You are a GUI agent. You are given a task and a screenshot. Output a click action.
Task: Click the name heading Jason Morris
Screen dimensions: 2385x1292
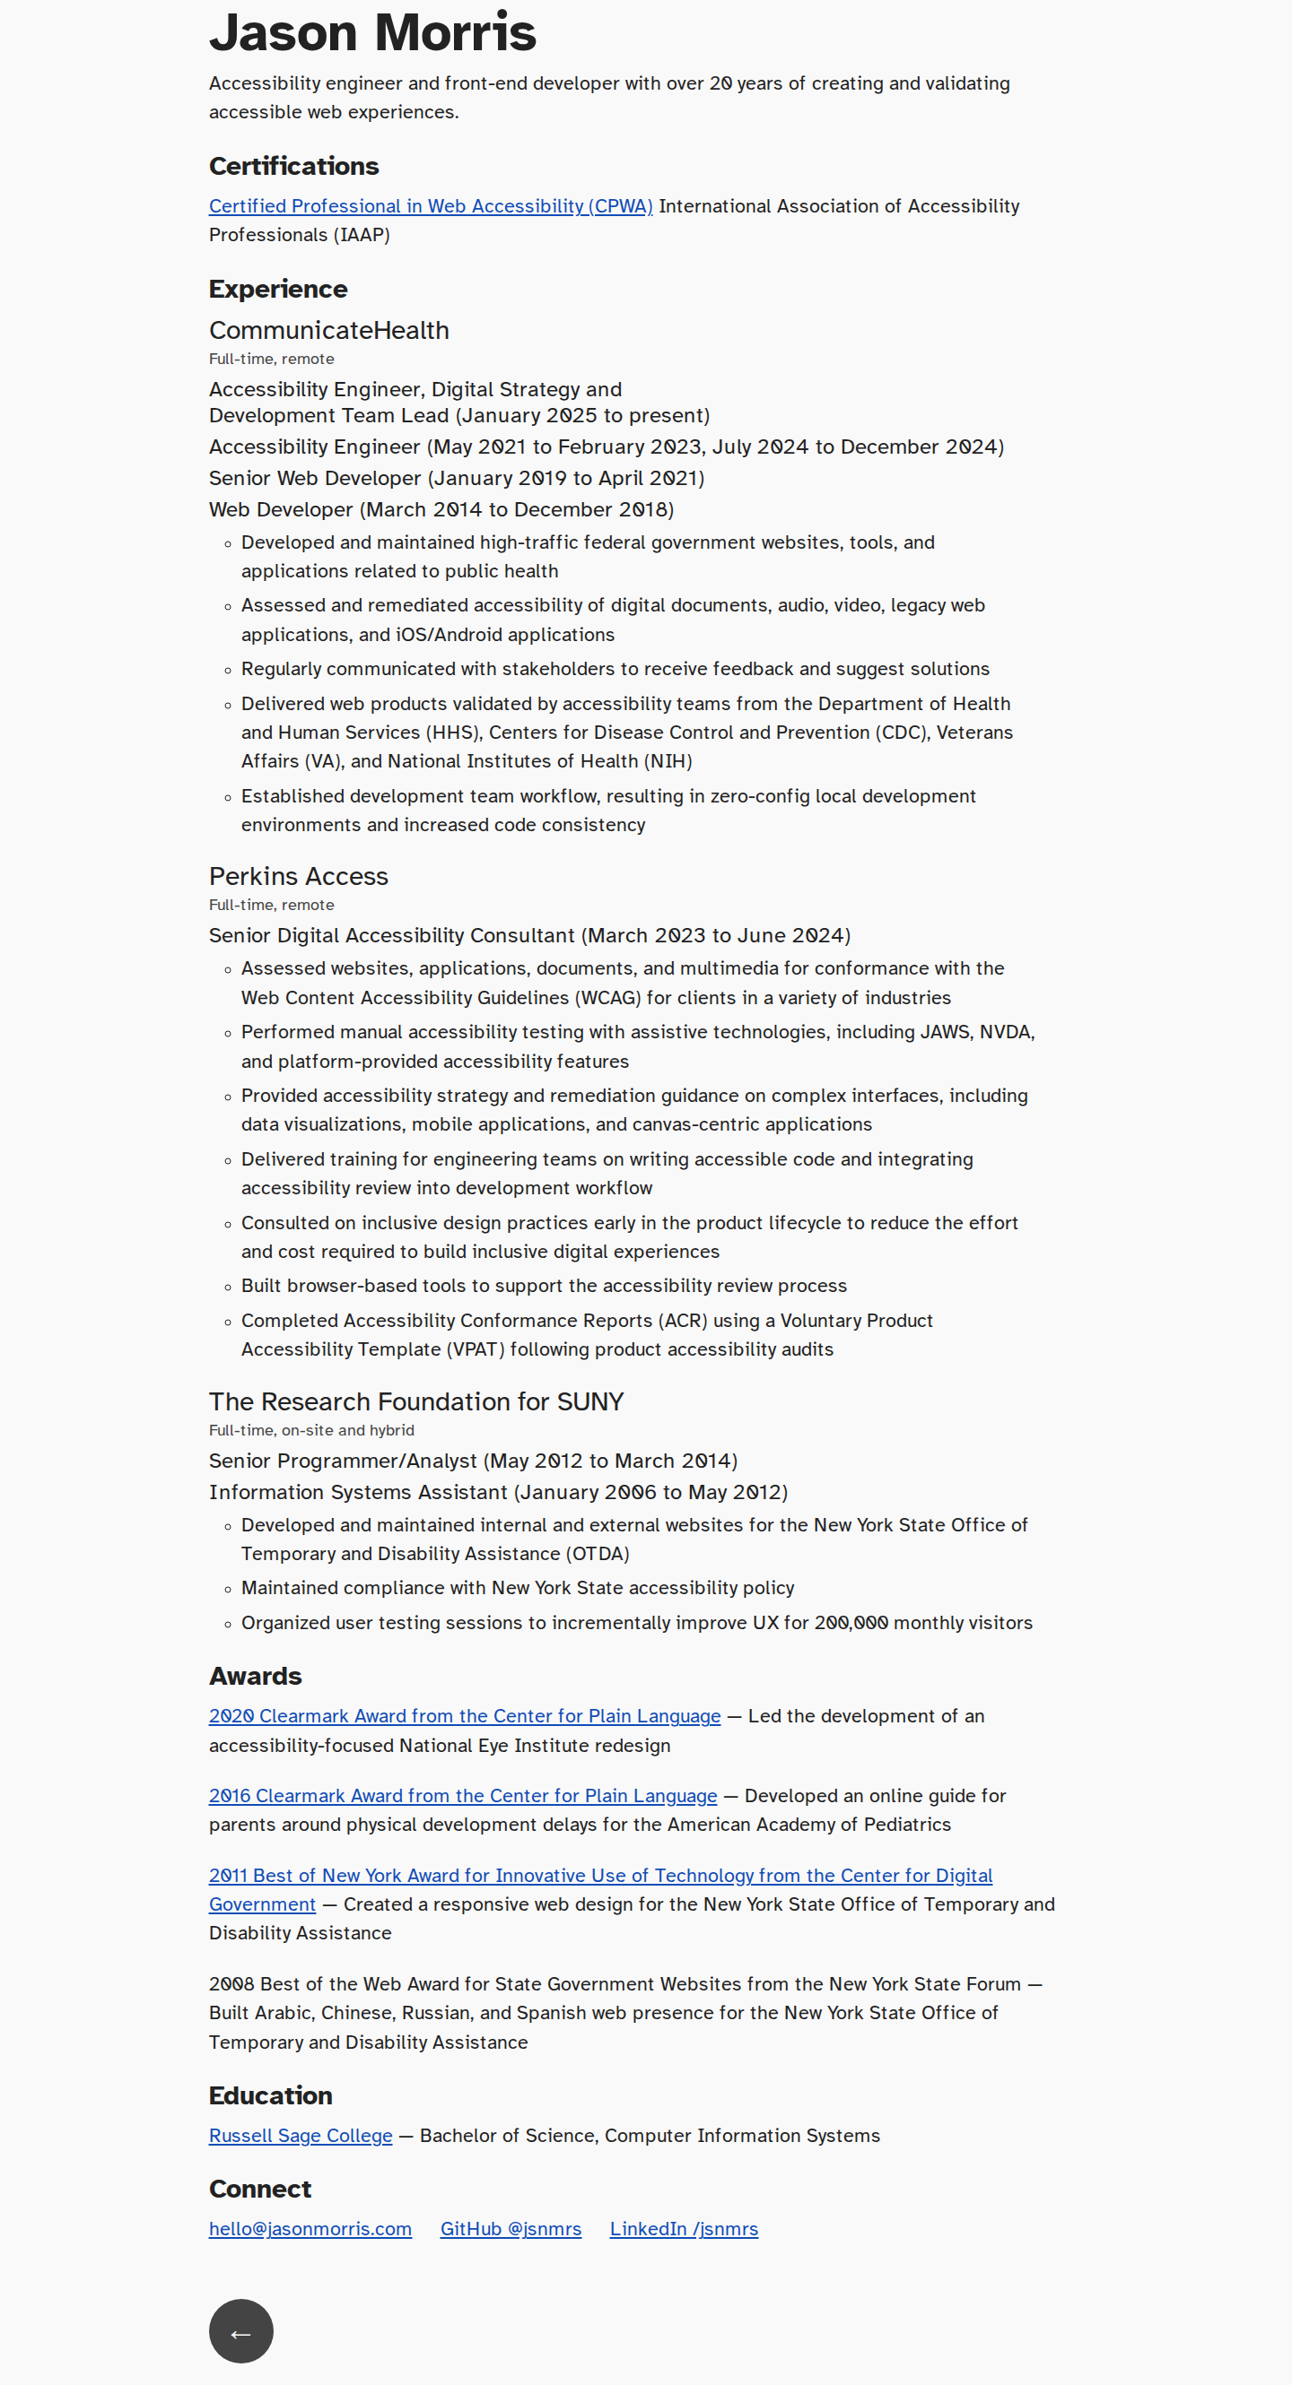click(372, 33)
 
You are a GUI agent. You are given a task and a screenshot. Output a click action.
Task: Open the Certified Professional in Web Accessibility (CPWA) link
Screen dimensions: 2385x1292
click(431, 206)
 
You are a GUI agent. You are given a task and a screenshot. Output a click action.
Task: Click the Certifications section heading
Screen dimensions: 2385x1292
click(293, 167)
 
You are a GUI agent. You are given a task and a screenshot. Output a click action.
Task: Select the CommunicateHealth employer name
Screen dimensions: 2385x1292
click(328, 331)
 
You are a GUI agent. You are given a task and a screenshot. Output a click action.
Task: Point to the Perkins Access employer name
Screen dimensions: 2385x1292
click(298, 877)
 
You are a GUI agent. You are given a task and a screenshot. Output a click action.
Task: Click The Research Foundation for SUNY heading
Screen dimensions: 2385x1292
click(415, 1401)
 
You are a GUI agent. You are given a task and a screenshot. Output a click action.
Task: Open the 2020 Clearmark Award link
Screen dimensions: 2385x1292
click(464, 1716)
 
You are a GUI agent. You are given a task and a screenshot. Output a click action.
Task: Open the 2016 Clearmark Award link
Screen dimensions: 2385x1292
click(462, 1796)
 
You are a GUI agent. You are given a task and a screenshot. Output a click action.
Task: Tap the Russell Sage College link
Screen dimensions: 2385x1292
click(300, 2136)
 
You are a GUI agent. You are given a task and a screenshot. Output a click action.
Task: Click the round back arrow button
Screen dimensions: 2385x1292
click(240, 2331)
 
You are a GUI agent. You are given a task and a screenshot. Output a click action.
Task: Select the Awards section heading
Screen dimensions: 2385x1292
click(256, 1677)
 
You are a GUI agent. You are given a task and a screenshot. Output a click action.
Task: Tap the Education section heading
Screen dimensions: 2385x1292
click(270, 2096)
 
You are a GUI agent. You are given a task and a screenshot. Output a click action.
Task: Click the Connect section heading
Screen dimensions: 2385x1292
click(260, 2190)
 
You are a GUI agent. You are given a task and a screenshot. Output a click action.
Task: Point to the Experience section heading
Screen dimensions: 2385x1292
click(278, 290)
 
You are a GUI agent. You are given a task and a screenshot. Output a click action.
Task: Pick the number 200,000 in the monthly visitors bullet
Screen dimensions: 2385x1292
click(851, 1623)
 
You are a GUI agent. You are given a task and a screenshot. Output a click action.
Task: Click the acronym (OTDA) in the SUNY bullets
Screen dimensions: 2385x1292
click(599, 1554)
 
